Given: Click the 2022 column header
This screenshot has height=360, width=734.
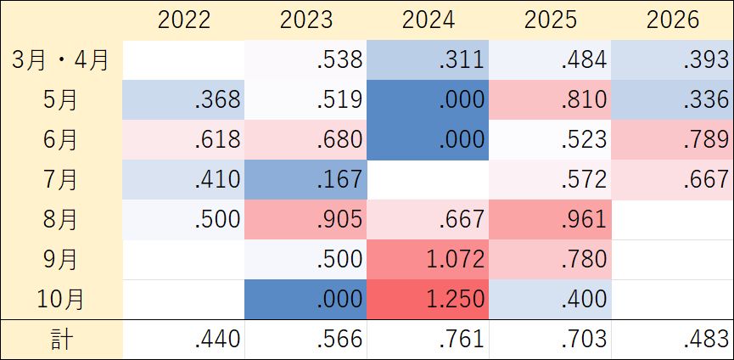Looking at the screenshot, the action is click(184, 20).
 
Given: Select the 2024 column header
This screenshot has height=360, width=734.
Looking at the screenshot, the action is click(429, 20).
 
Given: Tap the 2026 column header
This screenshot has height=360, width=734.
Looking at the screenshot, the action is click(673, 20).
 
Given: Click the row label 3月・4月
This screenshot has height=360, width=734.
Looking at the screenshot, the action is click(60, 60).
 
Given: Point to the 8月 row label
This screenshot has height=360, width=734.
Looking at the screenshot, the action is click(61, 220).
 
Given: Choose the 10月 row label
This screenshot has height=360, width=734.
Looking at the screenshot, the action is click(61, 300).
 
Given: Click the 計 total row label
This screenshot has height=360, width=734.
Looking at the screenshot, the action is click(61, 340).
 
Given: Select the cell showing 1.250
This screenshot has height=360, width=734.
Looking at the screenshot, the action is click(428, 300).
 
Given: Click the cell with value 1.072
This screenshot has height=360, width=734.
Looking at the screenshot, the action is click(428, 260).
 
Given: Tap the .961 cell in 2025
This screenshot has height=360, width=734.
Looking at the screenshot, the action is click(550, 220).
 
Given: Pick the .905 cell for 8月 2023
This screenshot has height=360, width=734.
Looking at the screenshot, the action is click(305, 220).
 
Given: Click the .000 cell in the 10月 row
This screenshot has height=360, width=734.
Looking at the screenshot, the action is click(305, 300).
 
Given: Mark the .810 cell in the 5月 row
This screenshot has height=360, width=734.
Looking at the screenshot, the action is click(550, 99).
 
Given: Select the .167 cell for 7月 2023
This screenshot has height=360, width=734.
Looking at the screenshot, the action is click(305, 180).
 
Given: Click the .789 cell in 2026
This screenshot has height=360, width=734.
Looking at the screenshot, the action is click(672, 140).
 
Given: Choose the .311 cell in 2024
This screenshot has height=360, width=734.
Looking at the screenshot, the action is click(428, 60).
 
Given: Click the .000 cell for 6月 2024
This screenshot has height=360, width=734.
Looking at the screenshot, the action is click(428, 140).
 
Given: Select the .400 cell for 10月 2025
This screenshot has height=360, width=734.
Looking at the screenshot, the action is click(550, 300).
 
